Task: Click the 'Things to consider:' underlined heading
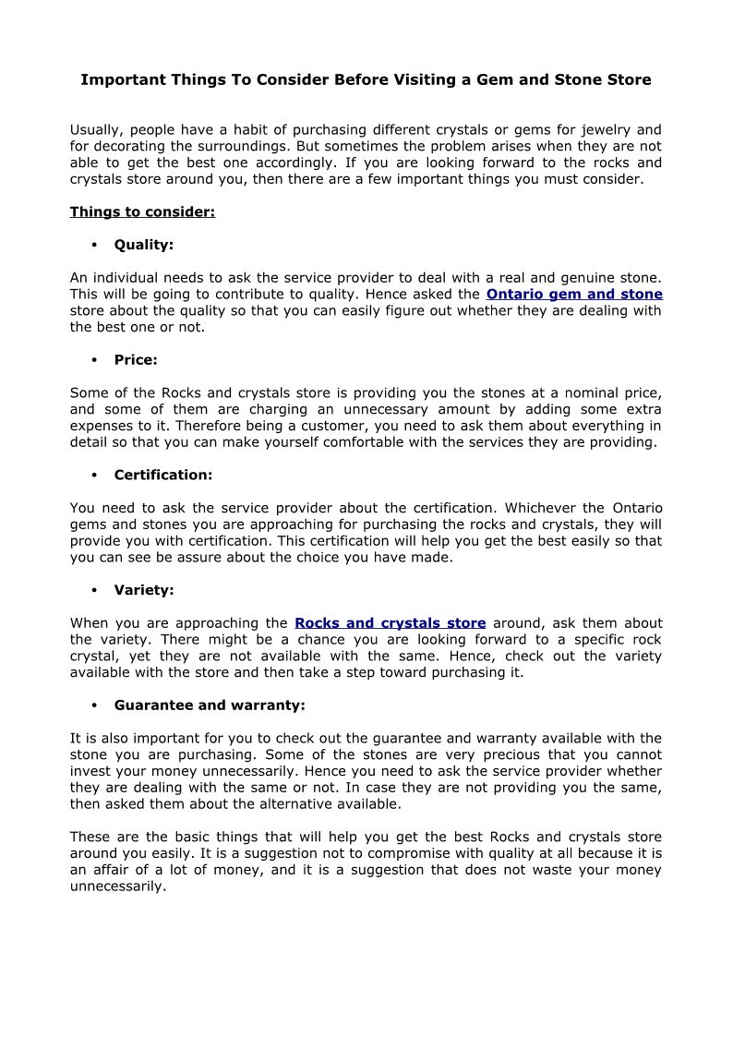[x=142, y=212]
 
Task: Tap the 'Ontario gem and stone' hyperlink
[x=574, y=295]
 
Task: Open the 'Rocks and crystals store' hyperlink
[x=390, y=623]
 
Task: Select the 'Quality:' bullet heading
[x=144, y=246]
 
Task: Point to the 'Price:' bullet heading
[x=136, y=360]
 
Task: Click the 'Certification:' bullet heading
[x=163, y=476]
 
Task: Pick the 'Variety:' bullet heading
[x=144, y=590]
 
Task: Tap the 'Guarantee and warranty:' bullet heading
[x=210, y=705]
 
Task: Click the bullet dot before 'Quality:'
[x=95, y=246]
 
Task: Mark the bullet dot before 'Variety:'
[x=95, y=590]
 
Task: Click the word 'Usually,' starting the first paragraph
[x=97, y=130]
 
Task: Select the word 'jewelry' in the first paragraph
[x=607, y=130]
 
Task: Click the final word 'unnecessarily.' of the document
[x=118, y=886]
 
